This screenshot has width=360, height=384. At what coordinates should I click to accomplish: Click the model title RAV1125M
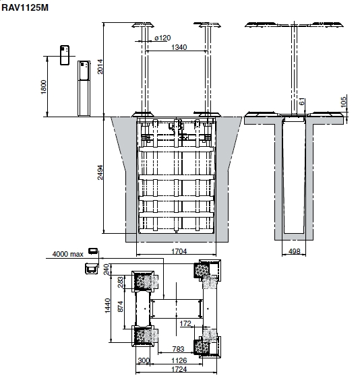(25, 7)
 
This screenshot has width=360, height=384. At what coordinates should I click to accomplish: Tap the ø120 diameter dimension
(162, 38)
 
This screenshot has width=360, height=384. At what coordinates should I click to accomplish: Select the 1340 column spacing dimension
(179, 47)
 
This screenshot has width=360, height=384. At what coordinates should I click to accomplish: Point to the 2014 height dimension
(100, 67)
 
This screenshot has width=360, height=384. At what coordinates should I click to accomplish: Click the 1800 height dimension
(44, 87)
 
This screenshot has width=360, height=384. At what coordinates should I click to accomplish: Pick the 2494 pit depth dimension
(100, 172)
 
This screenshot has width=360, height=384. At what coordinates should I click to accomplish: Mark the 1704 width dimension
(179, 251)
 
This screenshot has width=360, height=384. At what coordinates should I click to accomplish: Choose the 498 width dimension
(294, 251)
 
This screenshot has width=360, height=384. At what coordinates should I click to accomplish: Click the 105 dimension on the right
(344, 102)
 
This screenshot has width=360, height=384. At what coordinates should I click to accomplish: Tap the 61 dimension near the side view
(302, 101)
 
